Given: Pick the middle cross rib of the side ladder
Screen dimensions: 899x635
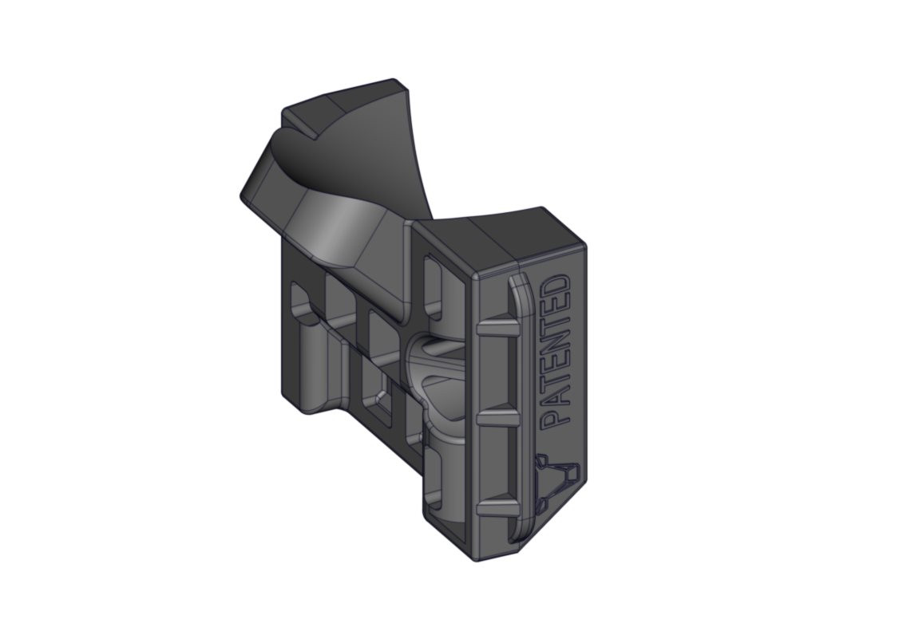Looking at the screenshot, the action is click(500, 416).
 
